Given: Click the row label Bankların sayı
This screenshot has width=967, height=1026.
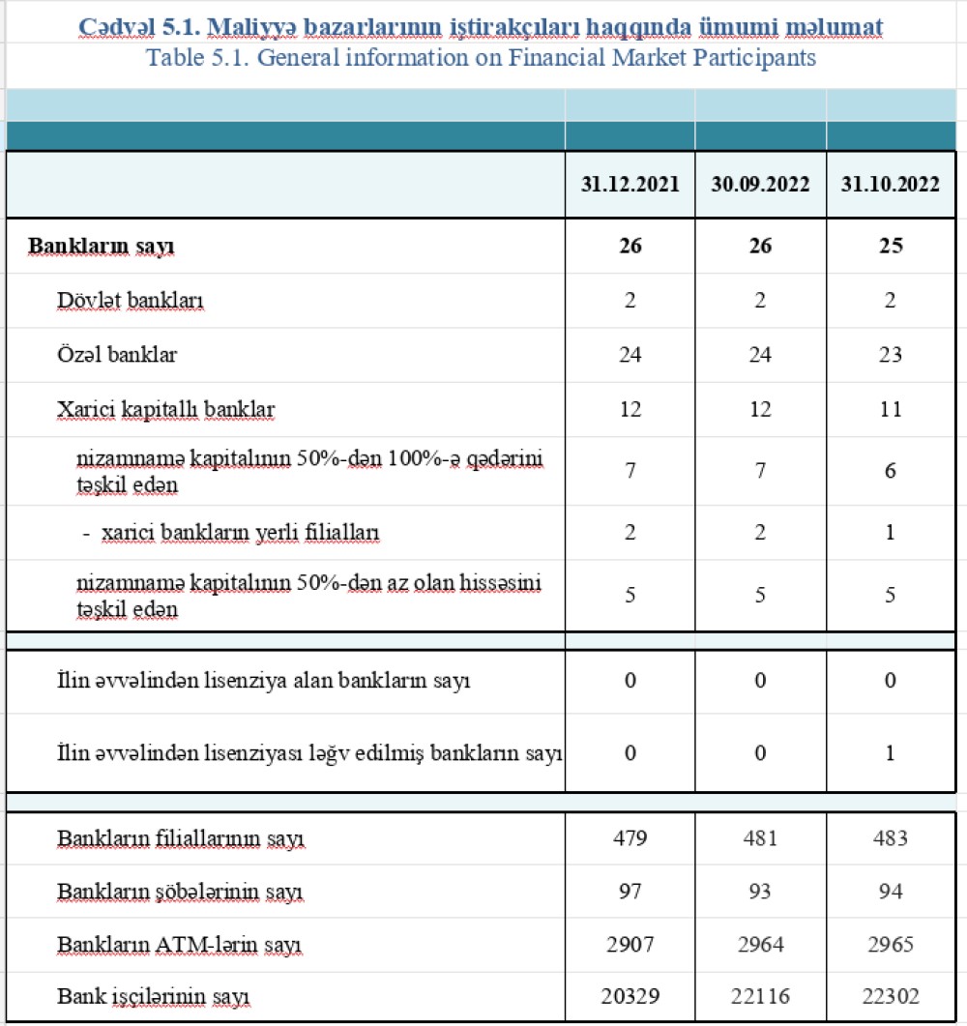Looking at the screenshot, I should click(x=102, y=246).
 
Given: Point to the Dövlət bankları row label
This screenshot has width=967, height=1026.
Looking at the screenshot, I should click(x=131, y=301).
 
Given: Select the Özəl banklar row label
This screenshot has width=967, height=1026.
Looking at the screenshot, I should click(x=117, y=355).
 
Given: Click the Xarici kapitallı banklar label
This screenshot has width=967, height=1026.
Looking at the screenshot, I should click(x=166, y=410).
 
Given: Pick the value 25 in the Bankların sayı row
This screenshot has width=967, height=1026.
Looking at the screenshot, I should click(x=891, y=246).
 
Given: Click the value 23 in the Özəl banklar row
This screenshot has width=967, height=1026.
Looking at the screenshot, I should click(x=891, y=355).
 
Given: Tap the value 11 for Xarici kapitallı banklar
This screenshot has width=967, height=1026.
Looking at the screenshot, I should click(x=891, y=410).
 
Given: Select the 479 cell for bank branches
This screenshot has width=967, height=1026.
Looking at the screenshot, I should click(x=630, y=837).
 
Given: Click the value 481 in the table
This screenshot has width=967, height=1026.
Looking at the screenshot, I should click(x=760, y=837).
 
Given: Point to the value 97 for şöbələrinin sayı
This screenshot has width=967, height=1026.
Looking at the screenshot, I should click(x=630, y=891).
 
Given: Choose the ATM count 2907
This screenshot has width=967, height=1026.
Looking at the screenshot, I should click(x=630, y=944).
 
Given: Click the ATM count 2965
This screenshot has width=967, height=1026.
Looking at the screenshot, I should click(x=891, y=944).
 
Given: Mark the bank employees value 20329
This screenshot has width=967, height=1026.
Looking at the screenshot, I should click(x=630, y=996).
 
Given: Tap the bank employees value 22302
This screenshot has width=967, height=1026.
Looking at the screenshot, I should click(x=891, y=996).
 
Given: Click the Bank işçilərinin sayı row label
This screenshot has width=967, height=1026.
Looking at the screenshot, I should click(x=160, y=996).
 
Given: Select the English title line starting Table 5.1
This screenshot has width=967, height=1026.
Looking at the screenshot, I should click(x=481, y=58).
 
